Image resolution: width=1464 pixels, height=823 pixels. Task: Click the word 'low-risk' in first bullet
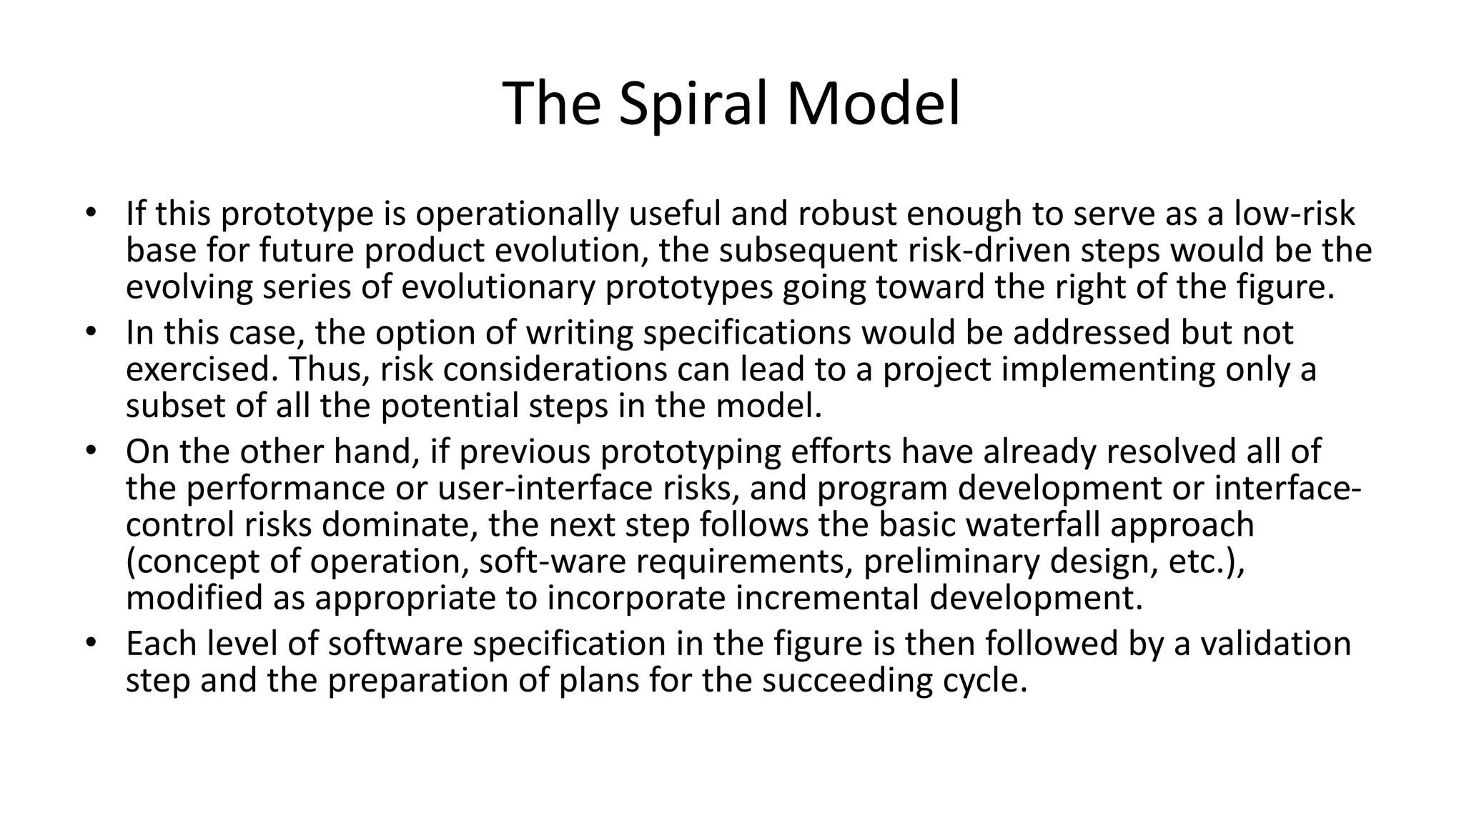click(x=1295, y=214)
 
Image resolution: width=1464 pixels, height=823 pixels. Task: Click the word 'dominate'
click(x=400, y=524)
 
